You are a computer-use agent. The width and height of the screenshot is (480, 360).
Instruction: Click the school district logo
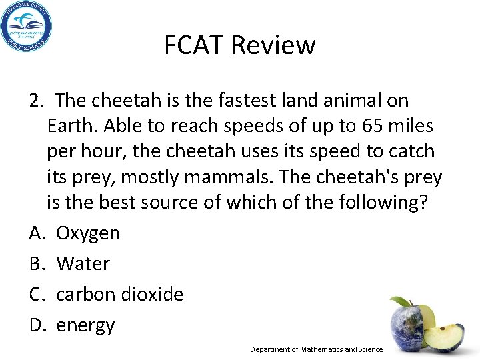27,26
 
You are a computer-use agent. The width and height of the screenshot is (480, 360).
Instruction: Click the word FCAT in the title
193,45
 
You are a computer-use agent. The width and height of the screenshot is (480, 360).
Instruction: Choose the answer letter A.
37,233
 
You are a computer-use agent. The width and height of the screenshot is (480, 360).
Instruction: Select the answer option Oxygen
88,233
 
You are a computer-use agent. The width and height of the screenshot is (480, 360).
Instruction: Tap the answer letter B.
37,264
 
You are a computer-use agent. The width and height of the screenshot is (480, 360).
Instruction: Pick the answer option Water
83,264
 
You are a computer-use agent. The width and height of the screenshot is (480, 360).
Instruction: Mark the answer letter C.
37,295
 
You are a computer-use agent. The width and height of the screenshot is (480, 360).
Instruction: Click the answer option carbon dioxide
119,295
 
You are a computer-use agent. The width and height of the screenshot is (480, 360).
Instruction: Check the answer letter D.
37,325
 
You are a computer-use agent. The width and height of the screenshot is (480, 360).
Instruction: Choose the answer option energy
85,325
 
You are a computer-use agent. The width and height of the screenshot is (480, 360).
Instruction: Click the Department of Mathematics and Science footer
316,349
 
